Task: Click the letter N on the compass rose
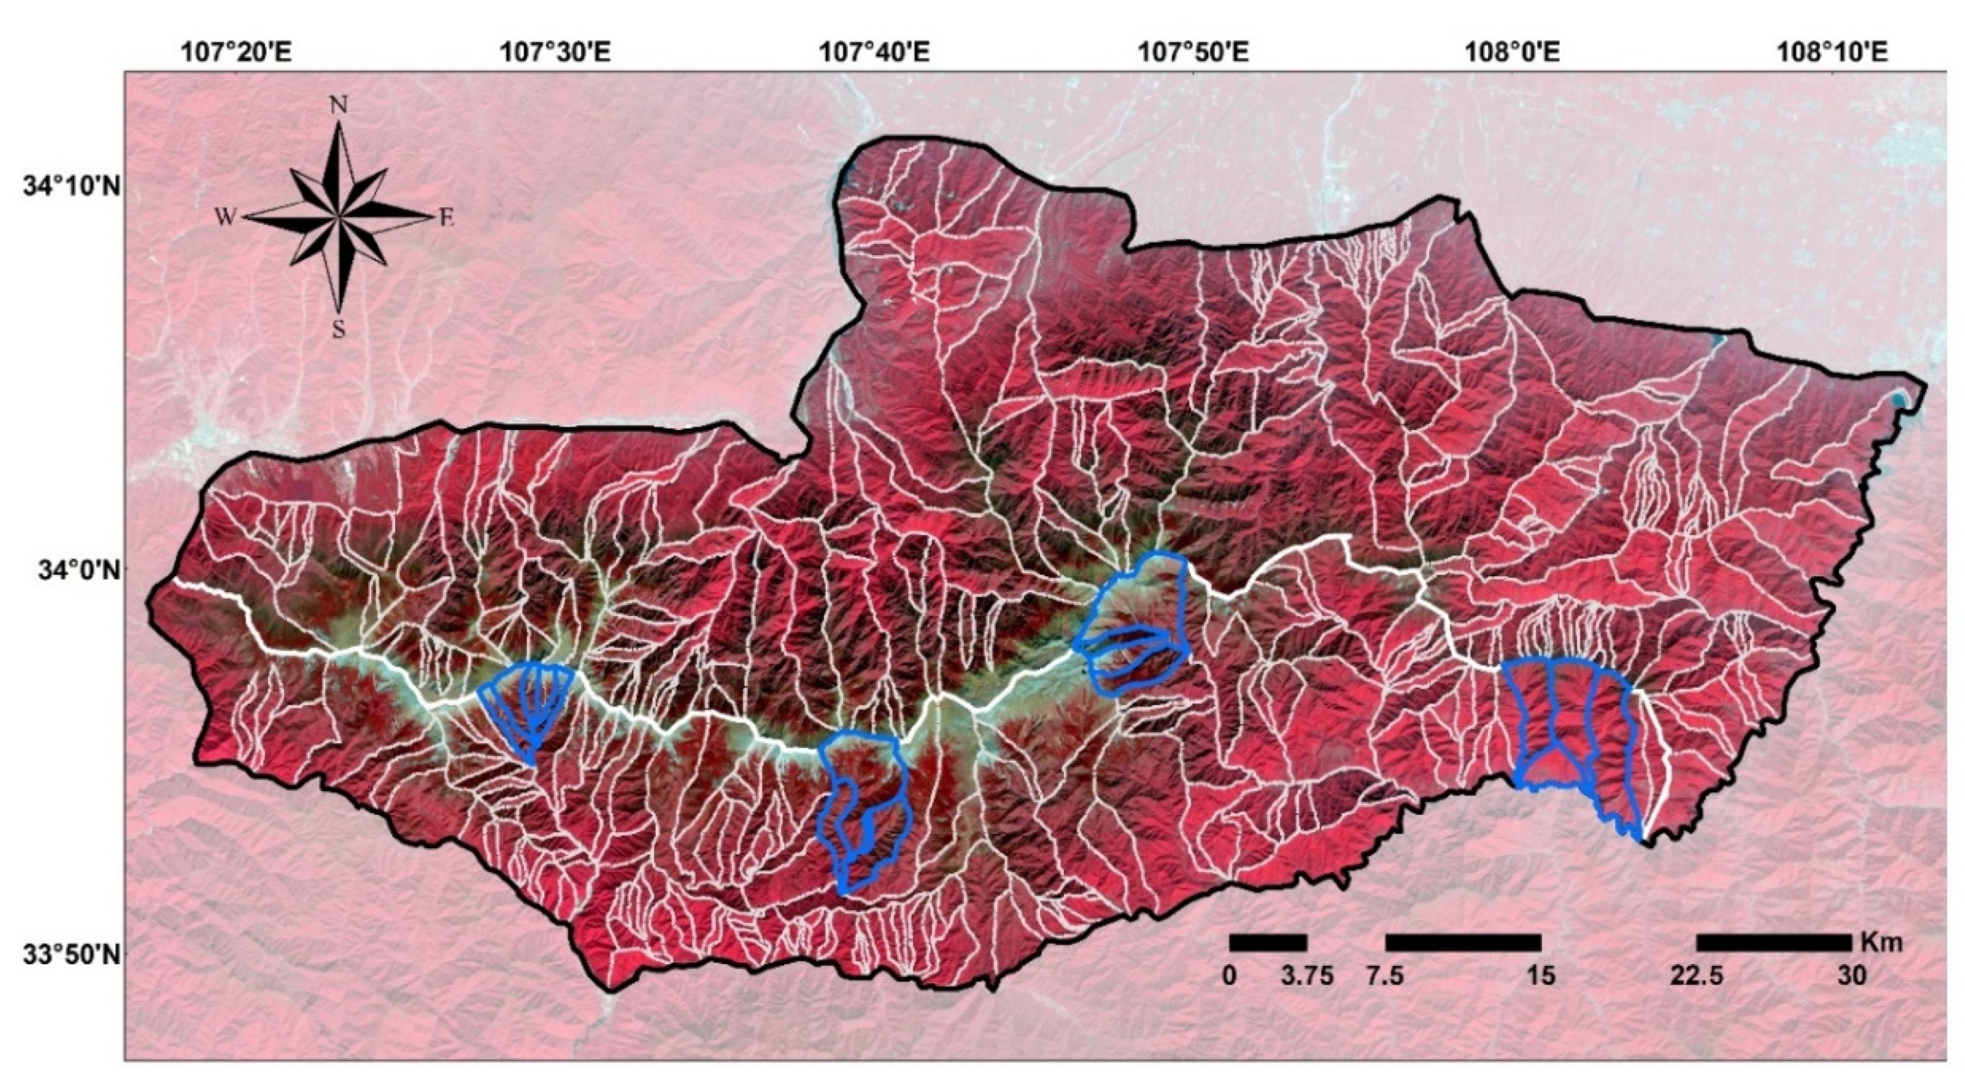339,105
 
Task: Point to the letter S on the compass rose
339,329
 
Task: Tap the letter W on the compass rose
225,218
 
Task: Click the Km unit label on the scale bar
1881,942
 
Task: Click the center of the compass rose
339,218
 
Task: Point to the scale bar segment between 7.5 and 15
1463,943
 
